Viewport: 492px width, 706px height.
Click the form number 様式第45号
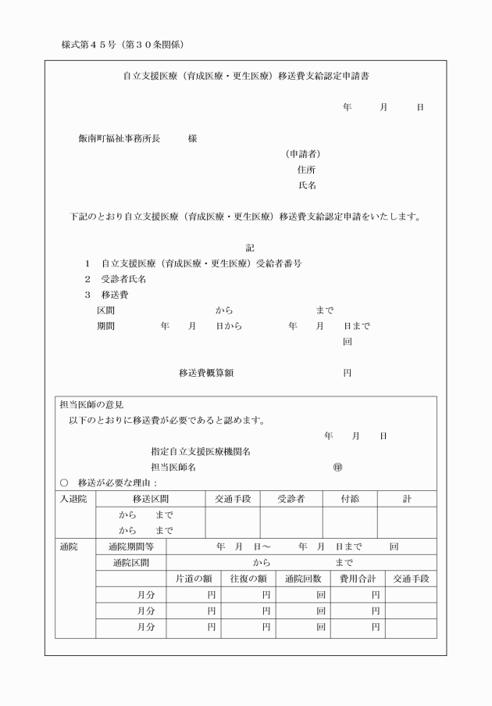(88, 45)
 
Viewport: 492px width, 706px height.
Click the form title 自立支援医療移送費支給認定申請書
(248, 77)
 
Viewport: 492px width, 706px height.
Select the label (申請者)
(303, 154)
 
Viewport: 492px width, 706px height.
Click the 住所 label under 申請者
(306, 170)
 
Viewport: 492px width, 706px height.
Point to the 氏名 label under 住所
(306, 185)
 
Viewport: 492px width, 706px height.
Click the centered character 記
(251, 248)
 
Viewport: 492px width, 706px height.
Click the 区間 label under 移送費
(105, 310)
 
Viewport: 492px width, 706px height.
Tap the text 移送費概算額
(206, 373)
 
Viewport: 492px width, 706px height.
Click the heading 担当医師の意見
(91, 405)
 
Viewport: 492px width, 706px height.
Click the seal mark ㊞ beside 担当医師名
(337, 468)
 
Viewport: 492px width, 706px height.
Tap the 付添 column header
(350, 499)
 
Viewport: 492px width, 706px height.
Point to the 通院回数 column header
(303, 579)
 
